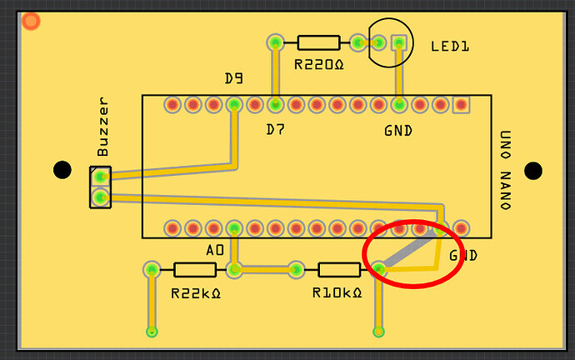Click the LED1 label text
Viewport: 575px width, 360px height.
coord(450,47)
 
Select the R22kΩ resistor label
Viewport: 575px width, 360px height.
coord(194,292)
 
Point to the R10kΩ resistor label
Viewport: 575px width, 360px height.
coord(337,292)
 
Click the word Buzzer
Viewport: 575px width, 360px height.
coord(103,128)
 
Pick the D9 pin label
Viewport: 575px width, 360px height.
coord(234,79)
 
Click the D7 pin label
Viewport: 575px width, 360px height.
coord(275,129)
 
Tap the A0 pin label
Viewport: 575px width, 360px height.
coord(215,250)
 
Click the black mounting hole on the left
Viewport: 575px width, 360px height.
coord(62,170)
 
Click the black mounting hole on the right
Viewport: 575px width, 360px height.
coord(533,171)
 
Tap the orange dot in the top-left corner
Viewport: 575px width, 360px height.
coord(31,21)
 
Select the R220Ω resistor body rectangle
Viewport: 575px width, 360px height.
coord(317,42)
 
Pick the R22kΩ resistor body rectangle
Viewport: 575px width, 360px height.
coord(195,269)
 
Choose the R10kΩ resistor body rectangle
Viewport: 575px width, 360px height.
coord(339,269)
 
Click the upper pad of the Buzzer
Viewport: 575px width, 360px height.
coord(100,177)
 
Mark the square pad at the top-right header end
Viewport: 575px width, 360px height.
coord(461,105)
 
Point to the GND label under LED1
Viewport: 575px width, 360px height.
coord(398,131)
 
